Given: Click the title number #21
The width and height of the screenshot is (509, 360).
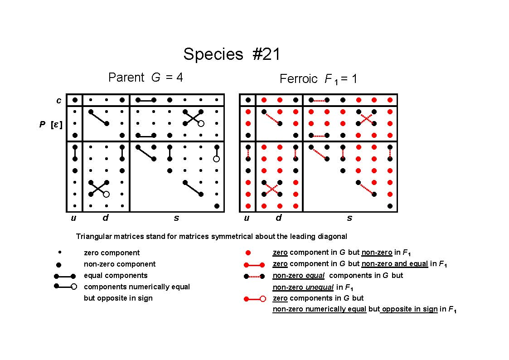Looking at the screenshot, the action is click(x=266, y=54).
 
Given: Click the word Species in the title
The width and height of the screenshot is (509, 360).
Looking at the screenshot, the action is click(x=213, y=54).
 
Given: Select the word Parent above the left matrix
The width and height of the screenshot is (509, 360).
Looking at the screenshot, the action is click(x=126, y=77).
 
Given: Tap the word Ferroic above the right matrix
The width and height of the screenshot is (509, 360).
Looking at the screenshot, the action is click(x=298, y=79).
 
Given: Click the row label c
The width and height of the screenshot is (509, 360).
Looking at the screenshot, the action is click(x=59, y=100).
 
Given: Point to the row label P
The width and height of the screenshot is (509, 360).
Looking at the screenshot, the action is click(x=43, y=124).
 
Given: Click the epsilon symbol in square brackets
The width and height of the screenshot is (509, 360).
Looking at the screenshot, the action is click(x=56, y=124).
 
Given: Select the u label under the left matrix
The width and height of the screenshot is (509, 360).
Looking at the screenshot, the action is click(x=74, y=218).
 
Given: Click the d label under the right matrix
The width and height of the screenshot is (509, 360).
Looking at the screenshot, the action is click(x=278, y=218).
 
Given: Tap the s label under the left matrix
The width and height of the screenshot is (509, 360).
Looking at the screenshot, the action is click(x=176, y=218).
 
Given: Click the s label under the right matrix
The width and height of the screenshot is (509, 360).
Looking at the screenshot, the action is click(x=349, y=218).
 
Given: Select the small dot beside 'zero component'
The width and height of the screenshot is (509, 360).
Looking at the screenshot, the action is click(x=59, y=252).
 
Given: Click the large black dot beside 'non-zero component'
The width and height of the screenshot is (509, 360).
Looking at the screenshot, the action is click(x=59, y=265).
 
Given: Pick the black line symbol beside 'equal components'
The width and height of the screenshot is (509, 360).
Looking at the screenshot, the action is click(x=65, y=276).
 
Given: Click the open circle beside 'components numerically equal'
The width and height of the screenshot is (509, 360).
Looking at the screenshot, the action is click(x=74, y=287).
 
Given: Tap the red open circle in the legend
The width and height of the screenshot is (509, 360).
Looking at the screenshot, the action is click(x=263, y=299).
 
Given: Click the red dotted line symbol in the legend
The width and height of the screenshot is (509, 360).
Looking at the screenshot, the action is click(x=255, y=277).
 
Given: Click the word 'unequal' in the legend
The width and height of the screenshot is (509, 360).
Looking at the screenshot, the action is click(x=319, y=287).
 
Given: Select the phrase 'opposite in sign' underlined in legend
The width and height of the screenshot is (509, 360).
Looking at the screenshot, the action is click(x=410, y=309).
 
